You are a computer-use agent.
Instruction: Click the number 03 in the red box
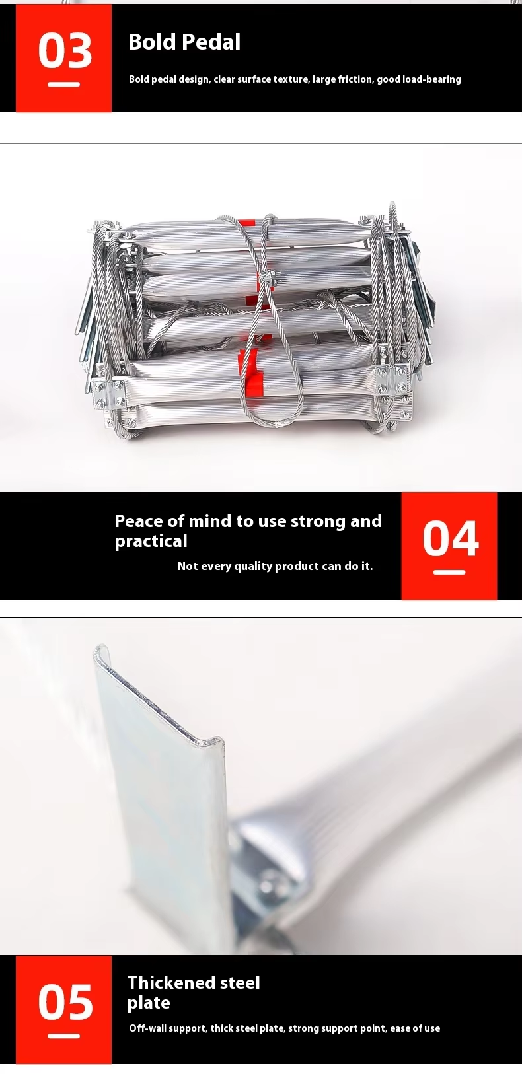[x=65, y=50]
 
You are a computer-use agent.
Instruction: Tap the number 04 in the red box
[x=451, y=539]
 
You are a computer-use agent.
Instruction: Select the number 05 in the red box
[x=65, y=1002]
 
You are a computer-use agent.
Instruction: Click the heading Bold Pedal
[x=184, y=42]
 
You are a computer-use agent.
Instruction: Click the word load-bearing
[x=431, y=79]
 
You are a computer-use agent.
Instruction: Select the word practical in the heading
[x=151, y=542]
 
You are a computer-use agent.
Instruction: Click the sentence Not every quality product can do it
[x=275, y=566]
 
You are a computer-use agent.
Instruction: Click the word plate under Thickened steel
[x=148, y=1003]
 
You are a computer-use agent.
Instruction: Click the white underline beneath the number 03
[x=64, y=85]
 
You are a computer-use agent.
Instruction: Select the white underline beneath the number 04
[x=449, y=573]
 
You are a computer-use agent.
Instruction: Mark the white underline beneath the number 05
[x=64, y=1036]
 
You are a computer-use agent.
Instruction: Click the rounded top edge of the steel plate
[x=159, y=690]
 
